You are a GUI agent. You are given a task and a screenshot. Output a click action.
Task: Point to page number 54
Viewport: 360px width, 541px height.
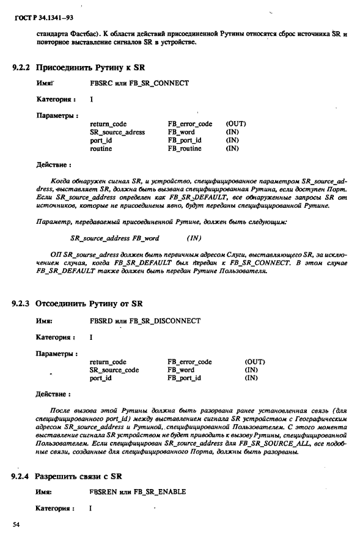point(17,524)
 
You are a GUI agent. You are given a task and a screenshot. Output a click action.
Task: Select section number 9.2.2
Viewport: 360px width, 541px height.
point(21,67)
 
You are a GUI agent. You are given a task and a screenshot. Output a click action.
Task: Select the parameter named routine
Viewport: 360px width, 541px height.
point(101,148)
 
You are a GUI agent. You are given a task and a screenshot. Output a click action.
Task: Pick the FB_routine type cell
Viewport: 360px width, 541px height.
point(184,148)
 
